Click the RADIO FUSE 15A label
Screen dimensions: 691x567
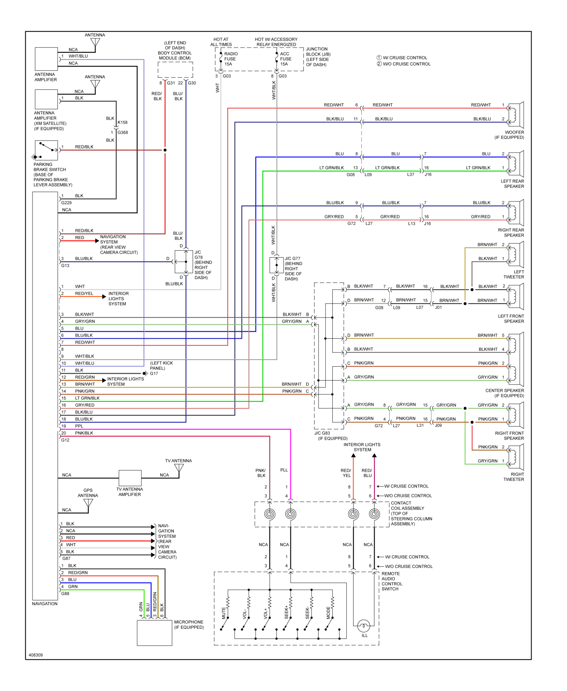pos(230,59)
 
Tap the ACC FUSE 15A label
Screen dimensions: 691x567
pos(285,59)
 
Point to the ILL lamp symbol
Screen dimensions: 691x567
pos(363,626)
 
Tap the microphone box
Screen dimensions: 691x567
pos(154,633)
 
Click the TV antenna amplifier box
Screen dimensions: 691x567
pos(130,478)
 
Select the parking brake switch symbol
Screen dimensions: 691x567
pos(46,150)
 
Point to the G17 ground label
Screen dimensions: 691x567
pos(154,373)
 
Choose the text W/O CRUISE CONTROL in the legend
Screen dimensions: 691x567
pos(406,64)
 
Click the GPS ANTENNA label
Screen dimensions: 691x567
pos(88,493)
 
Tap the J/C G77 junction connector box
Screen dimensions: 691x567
pos(276,265)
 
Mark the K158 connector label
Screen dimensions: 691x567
pos(123,122)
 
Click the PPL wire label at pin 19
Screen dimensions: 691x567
pos(79,426)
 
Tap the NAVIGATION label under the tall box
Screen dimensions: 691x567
pos(45,604)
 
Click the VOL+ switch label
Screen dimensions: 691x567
pos(265,613)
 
